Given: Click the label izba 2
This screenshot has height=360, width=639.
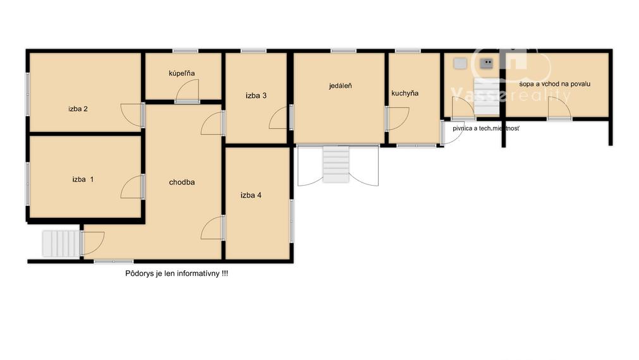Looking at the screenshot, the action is point(78,109).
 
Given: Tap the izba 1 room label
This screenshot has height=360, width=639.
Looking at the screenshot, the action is point(83,179).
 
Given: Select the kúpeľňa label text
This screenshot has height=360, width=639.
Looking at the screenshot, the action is point(182,73).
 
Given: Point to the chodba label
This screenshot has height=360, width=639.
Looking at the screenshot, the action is point(182,182).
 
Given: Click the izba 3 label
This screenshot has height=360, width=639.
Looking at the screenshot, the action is point(256,96).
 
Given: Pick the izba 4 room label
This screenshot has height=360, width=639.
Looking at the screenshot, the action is point(251,195).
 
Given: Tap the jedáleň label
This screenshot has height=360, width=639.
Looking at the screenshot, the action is point(340,86).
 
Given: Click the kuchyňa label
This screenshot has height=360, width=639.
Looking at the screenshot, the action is point(405,93).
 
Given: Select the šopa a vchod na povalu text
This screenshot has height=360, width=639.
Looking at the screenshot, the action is point(555,84).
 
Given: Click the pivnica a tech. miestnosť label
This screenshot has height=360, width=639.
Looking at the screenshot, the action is point(486,128).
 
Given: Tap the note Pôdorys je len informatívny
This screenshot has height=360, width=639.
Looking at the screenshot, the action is point(176,273).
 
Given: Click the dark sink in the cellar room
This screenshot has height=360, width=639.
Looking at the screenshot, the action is point(486,63).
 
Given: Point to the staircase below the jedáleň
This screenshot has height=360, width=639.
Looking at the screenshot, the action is point(336,164).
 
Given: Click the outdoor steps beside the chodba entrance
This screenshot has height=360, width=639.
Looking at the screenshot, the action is point(61,244).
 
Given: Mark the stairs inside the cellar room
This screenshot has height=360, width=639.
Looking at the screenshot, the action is point(487,97).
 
